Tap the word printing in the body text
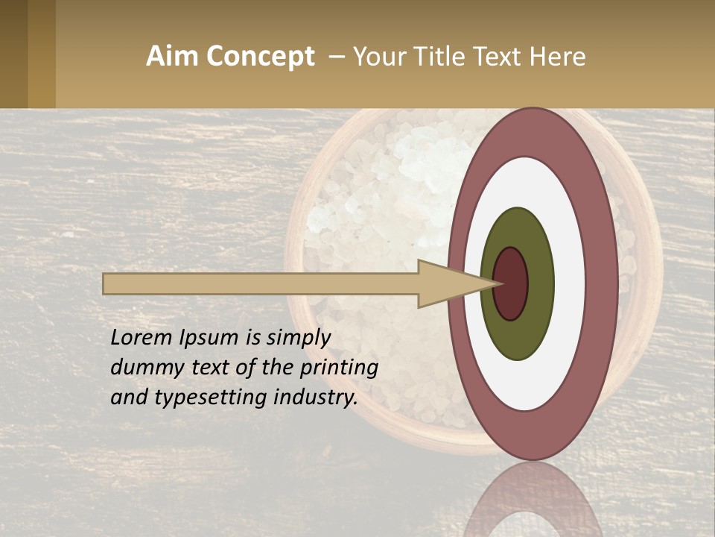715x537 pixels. click(x=338, y=368)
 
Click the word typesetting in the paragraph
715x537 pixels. click(x=210, y=398)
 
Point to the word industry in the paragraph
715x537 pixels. click(x=316, y=397)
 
